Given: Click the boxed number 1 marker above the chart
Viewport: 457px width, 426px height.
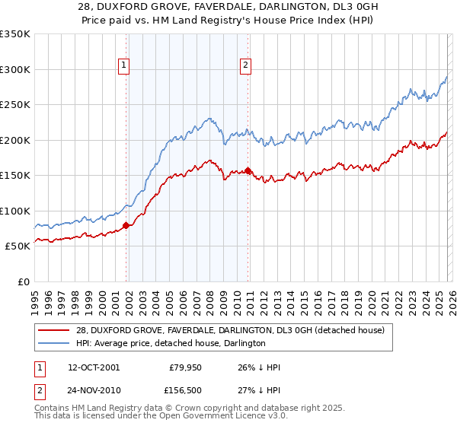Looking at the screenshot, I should click(123, 66).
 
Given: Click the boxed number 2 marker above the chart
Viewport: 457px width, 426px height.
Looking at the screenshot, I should click(246, 66).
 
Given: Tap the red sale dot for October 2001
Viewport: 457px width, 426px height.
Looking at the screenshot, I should click(126, 224).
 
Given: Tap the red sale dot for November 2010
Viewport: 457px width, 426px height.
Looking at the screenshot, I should click(248, 170).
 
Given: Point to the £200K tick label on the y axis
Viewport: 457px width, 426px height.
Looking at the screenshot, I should click(14, 140).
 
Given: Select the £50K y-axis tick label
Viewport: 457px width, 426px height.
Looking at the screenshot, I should click(18, 246).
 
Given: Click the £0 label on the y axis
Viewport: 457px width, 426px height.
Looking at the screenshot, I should click(24, 281).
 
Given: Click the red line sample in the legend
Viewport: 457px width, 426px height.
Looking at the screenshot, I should click(55, 330).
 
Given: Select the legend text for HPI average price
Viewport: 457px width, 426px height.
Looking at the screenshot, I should click(170, 344).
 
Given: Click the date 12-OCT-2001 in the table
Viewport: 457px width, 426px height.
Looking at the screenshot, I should click(94, 367).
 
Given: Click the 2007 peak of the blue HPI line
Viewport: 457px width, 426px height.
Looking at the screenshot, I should click(209, 119).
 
